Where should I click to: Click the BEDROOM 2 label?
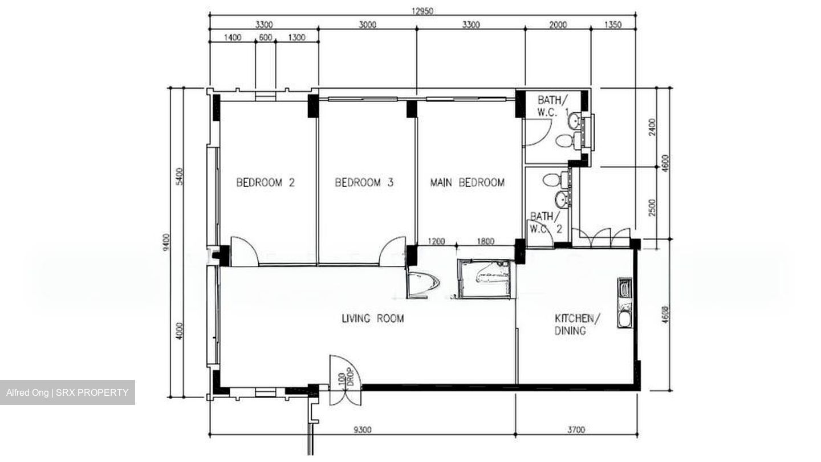[x=266, y=183]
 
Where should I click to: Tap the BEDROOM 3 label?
[x=364, y=183]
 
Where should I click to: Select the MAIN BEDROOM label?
[x=467, y=183]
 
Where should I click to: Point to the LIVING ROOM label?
[x=372, y=318]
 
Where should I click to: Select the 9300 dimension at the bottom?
[x=362, y=429]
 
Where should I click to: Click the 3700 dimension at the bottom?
[x=576, y=429]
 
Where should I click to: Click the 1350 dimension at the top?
[x=611, y=25]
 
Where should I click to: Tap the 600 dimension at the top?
[x=265, y=38]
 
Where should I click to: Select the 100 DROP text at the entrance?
[x=346, y=379]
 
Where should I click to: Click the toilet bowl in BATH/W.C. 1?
[x=564, y=140]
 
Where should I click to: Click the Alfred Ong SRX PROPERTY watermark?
[x=67, y=392]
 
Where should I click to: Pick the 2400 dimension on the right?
[x=652, y=127]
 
